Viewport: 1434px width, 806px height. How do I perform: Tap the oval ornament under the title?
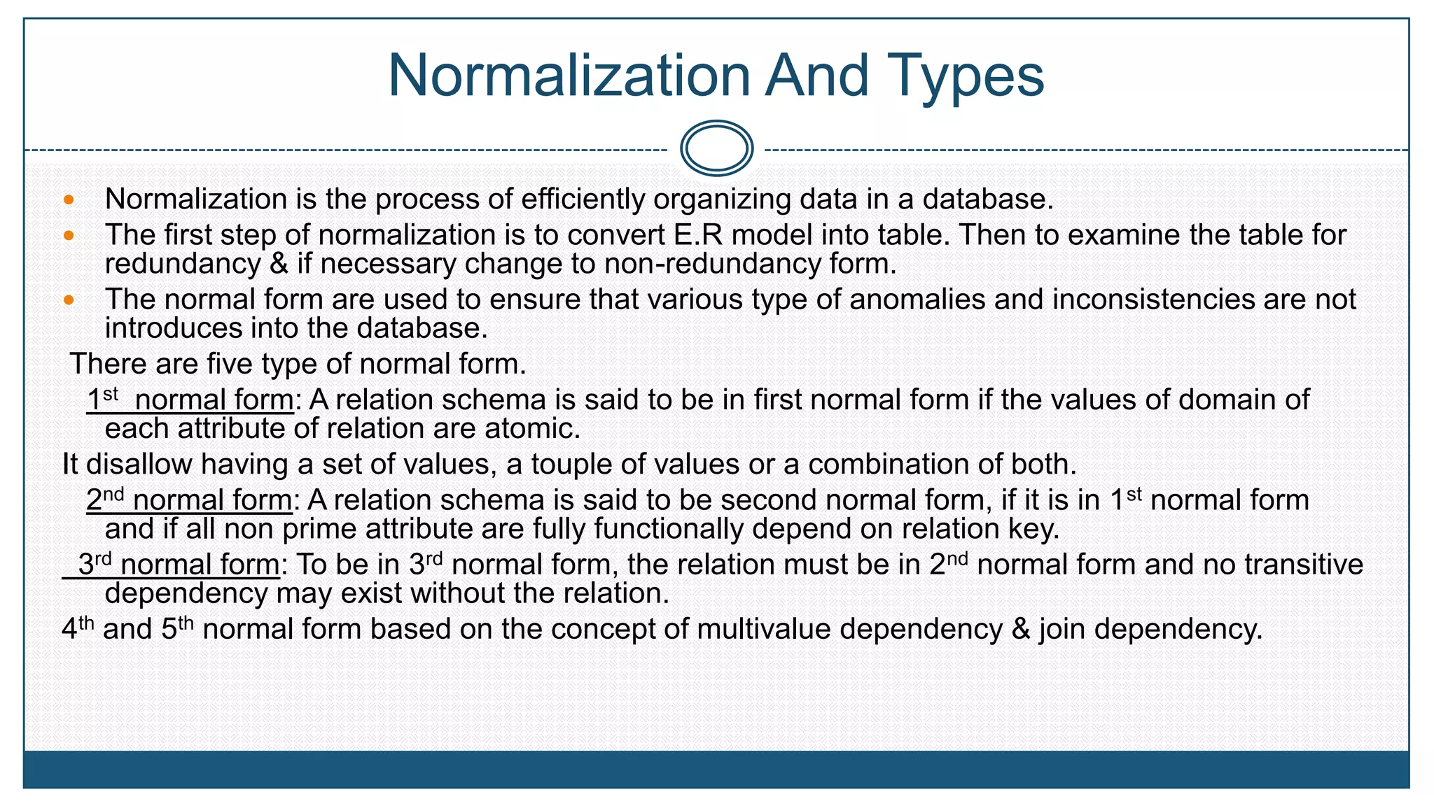(716, 148)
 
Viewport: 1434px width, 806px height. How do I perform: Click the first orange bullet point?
(69, 200)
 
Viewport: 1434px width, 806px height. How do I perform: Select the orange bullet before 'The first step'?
(69, 236)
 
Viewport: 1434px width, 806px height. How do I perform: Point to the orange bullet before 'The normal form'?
(69, 300)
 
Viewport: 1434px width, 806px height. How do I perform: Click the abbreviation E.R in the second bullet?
(697, 235)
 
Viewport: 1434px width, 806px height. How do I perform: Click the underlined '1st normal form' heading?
(190, 400)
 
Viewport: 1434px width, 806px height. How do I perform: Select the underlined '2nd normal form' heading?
(189, 500)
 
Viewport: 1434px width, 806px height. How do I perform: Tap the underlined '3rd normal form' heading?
(179, 565)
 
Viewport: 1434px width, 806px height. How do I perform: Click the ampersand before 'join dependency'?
(1021, 629)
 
